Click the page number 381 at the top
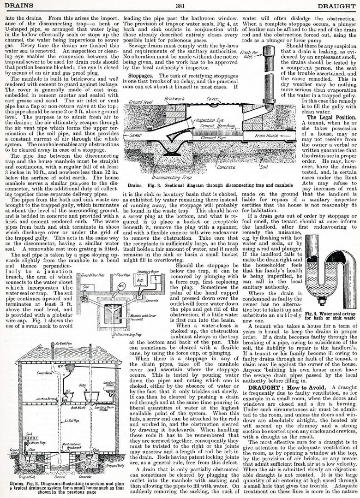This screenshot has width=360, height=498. [x=180, y=6]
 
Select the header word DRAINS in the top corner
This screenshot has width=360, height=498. [x=18, y=6]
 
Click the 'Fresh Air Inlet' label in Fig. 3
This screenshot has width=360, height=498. [x=247, y=55]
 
